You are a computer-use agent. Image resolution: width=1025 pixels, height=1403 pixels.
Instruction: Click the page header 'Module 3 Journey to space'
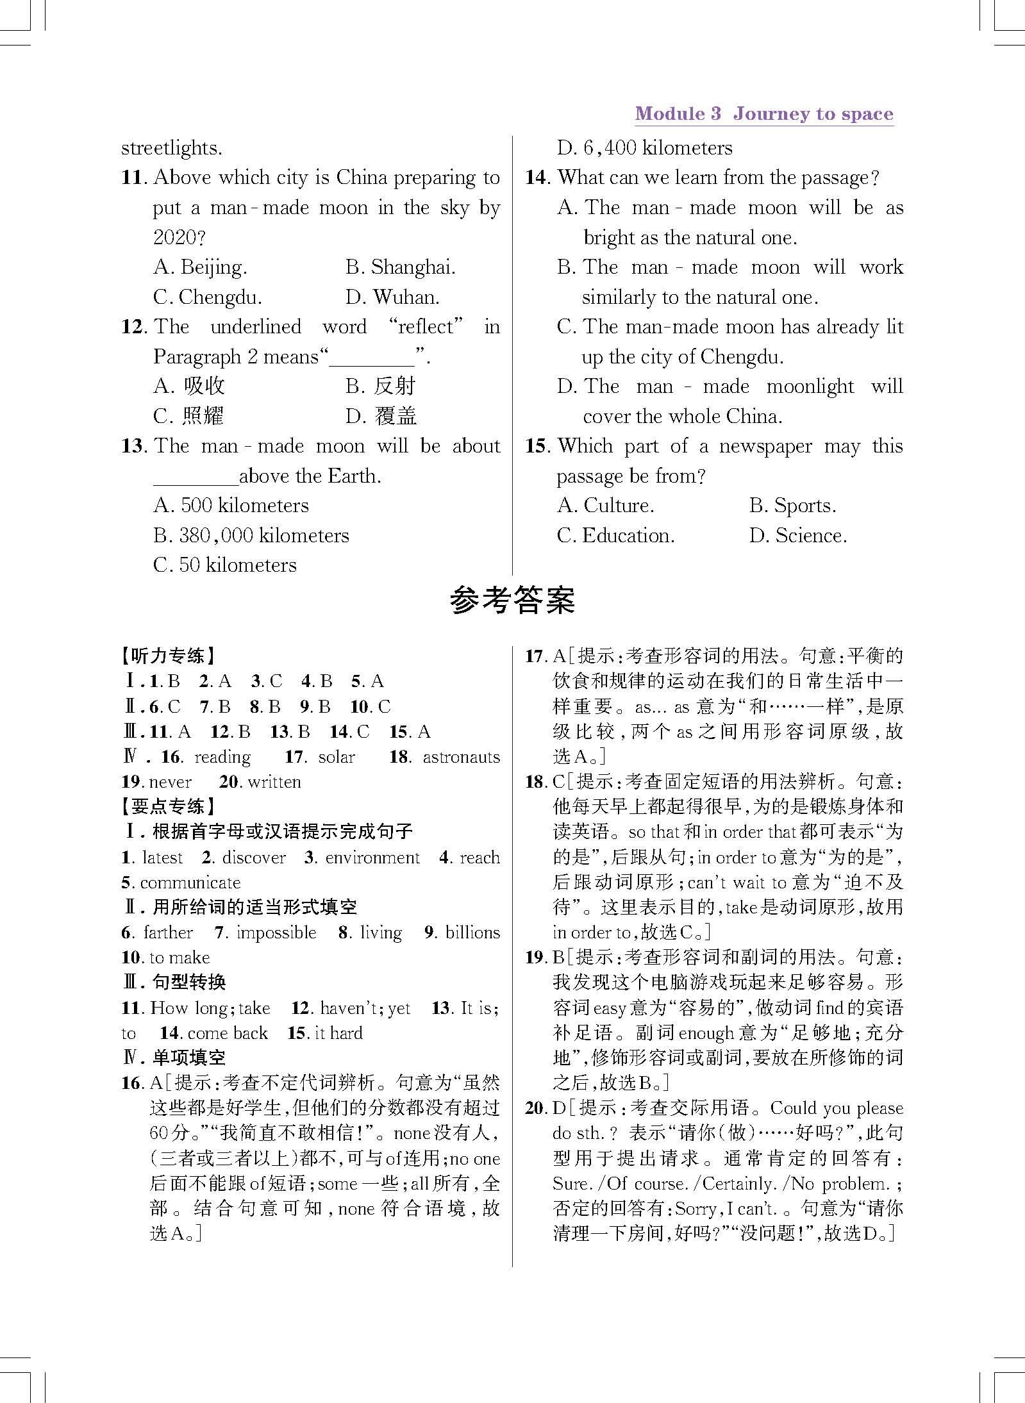pyautogui.click(x=763, y=114)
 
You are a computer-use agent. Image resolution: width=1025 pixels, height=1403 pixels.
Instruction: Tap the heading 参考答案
pyautogui.click(x=512, y=601)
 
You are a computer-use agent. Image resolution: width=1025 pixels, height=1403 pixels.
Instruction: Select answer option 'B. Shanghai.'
pyautogui.click(x=400, y=267)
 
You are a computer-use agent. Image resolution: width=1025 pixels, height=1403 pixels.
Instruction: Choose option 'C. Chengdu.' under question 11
pyautogui.click(x=207, y=297)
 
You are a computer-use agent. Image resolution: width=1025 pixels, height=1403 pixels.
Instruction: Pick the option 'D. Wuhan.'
pyautogui.click(x=392, y=297)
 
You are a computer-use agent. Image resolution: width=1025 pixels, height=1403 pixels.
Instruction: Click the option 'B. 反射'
pyautogui.click(x=381, y=386)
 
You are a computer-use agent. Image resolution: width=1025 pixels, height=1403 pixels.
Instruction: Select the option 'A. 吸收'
pyautogui.click(x=189, y=386)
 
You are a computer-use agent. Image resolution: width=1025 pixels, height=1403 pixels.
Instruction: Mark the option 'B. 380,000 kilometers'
pyautogui.click(x=251, y=535)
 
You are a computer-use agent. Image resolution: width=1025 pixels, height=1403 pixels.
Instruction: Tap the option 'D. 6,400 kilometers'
pyautogui.click(x=644, y=148)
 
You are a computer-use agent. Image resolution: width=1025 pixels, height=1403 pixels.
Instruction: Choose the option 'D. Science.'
pyautogui.click(x=798, y=535)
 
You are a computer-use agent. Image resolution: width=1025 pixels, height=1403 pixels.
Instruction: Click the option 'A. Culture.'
pyautogui.click(x=606, y=506)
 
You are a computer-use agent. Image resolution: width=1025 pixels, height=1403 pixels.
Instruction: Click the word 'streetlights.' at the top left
pyautogui.click(x=172, y=148)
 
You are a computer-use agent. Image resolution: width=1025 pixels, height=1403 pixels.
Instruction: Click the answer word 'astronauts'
pyautogui.click(x=461, y=757)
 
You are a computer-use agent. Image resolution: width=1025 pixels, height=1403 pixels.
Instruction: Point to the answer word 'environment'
pyautogui.click(x=372, y=858)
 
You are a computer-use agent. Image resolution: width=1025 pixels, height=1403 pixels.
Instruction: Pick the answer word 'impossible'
pyautogui.click(x=276, y=933)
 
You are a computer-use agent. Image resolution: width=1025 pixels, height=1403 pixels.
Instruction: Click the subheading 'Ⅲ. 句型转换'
pyautogui.click(x=174, y=983)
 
